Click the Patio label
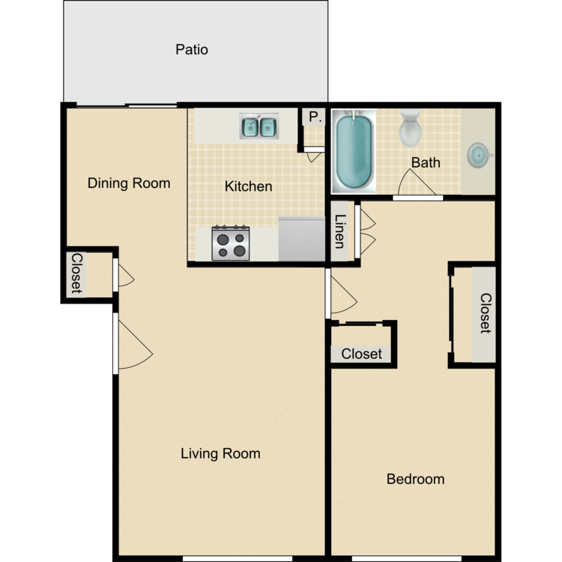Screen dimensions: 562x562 [x=192, y=50]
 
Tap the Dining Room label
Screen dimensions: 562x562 [x=129, y=183]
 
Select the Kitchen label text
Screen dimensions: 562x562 [x=248, y=186]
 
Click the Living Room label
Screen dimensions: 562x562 [x=220, y=453]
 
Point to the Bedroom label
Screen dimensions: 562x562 [x=415, y=479]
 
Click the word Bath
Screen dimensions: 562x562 [x=426, y=162]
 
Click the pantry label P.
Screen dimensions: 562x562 [x=313, y=118]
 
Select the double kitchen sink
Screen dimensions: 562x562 [x=259, y=127]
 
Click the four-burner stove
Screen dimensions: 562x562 [x=230, y=244]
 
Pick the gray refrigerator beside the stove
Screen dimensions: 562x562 [x=301, y=239]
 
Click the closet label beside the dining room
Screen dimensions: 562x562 [x=76, y=274]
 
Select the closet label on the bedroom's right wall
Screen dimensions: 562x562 [x=486, y=313]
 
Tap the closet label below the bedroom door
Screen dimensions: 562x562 [x=361, y=354]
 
